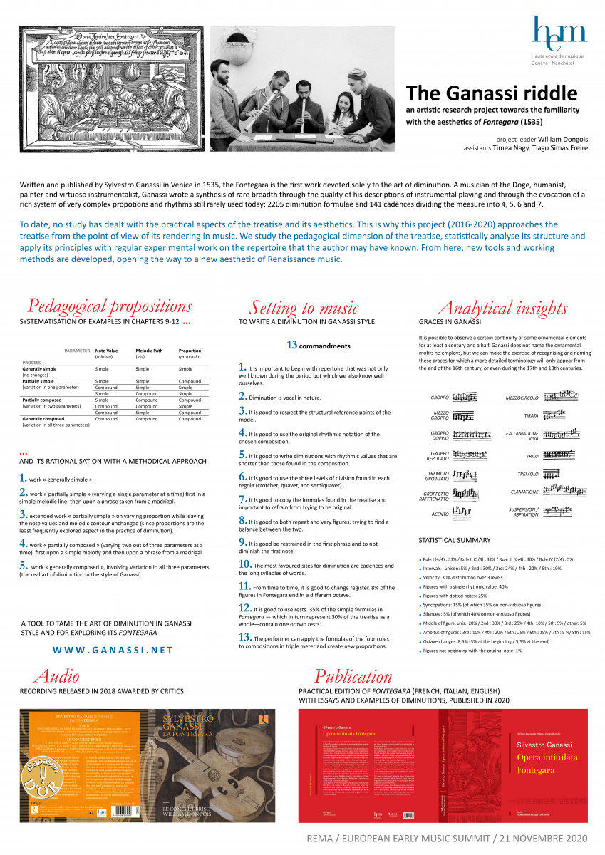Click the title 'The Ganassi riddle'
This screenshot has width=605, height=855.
pyautogui.click(x=492, y=93)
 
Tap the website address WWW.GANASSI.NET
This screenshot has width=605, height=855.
pyautogui.click(x=113, y=650)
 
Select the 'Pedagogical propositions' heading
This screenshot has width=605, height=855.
pyautogui.click(x=110, y=306)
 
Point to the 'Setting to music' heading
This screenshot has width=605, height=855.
pyautogui.click(x=304, y=308)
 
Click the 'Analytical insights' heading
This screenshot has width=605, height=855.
pyautogui.click(x=502, y=308)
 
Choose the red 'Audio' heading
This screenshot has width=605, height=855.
pyautogui.click(x=56, y=675)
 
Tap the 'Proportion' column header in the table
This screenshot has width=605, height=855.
pyautogui.click(x=190, y=351)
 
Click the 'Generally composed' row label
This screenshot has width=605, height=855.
pyautogui.click(x=43, y=419)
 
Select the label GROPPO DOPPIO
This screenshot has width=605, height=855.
pyautogui.click(x=440, y=436)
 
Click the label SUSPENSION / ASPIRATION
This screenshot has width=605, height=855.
pyautogui.click(x=523, y=512)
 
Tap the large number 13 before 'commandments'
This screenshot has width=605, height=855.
pyautogui.click(x=291, y=345)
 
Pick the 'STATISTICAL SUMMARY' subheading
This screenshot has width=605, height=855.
pyautogui.click(x=455, y=540)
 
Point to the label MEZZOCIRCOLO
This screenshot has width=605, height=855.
pyautogui.click(x=522, y=397)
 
